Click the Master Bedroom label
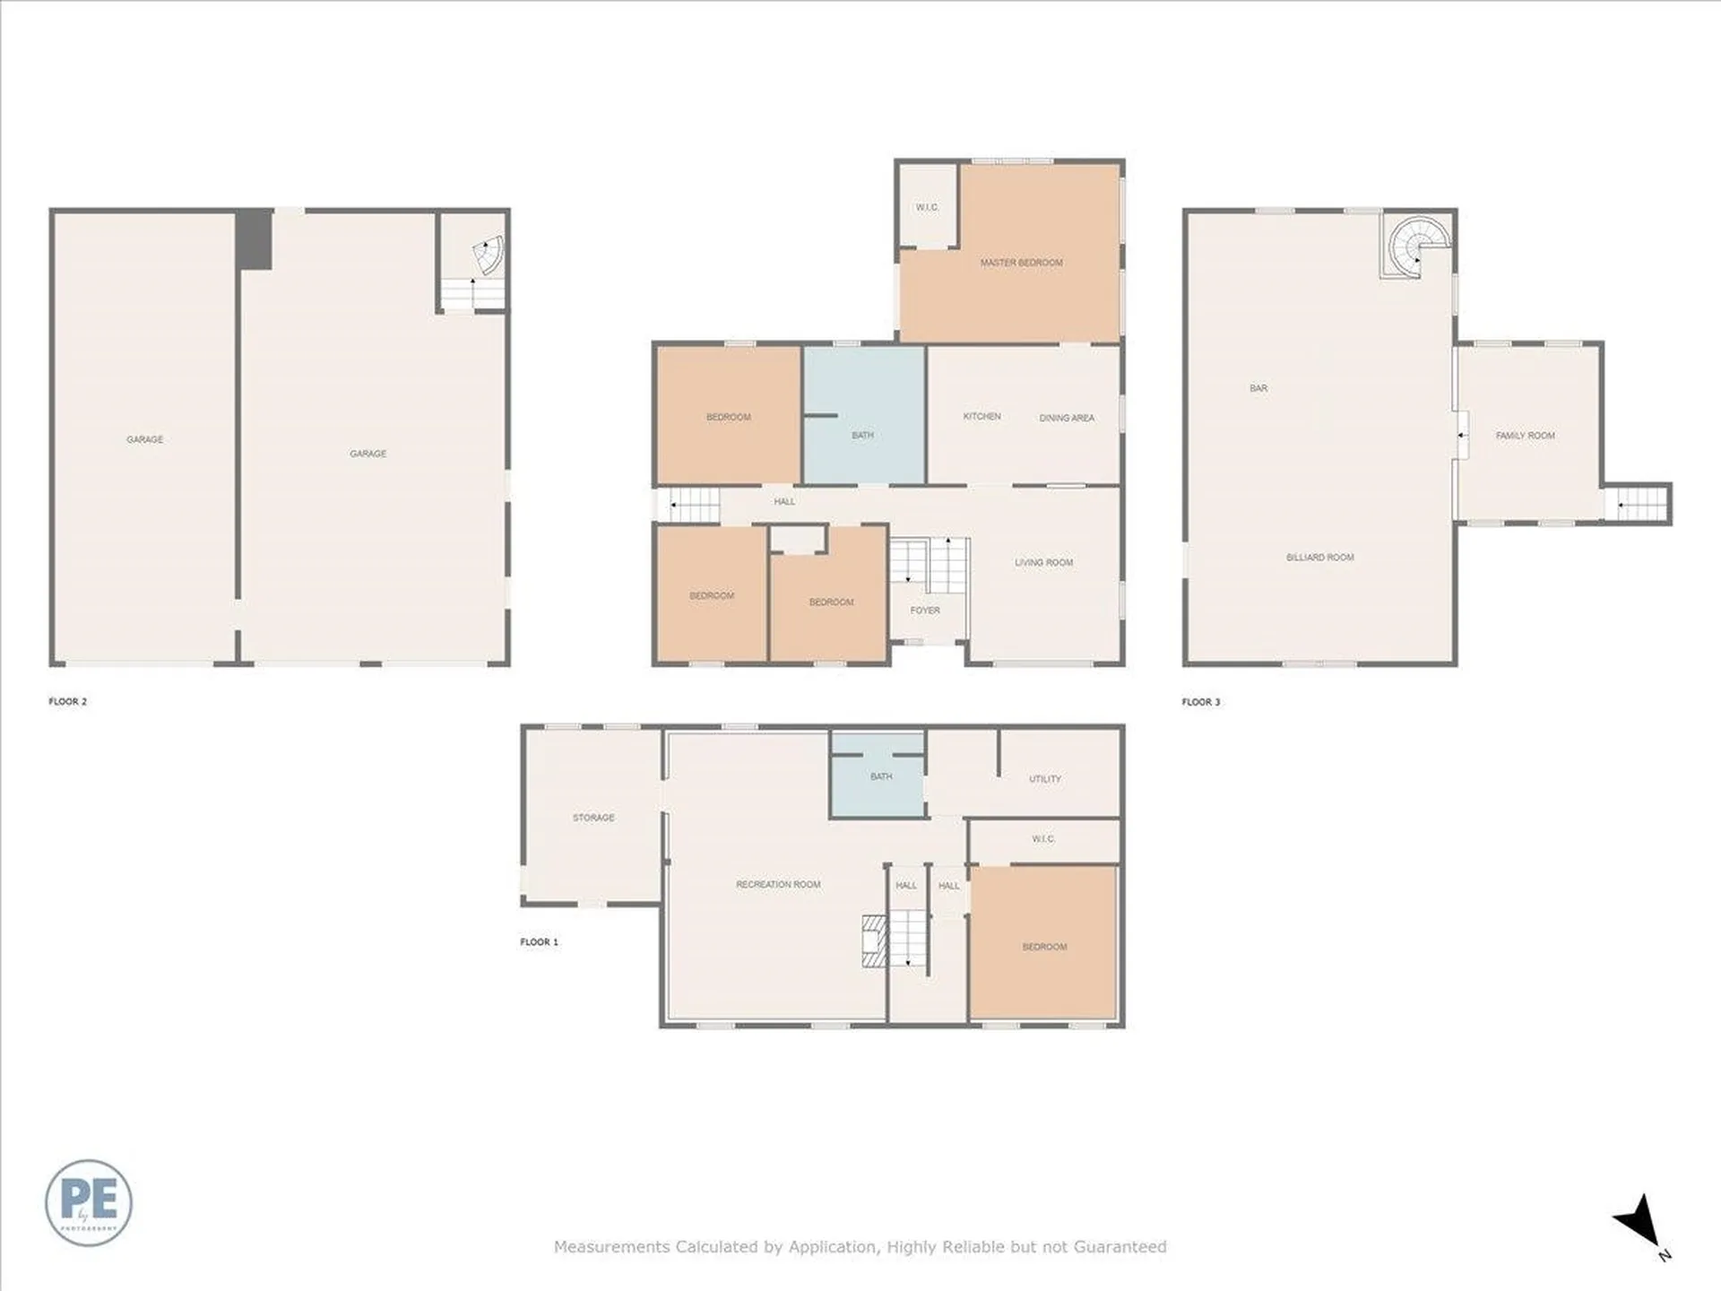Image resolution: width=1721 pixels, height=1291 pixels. click(1021, 263)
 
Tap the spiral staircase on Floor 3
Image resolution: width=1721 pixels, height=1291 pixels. click(1416, 245)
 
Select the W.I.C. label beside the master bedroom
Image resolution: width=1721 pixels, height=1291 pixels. click(927, 208)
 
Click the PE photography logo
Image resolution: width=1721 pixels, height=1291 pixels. click(89, 1202)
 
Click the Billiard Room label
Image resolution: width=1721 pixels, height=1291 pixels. click(1319, 558)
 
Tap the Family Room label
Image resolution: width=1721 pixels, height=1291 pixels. click(1525, 436)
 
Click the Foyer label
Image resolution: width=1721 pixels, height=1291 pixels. click(925, 611)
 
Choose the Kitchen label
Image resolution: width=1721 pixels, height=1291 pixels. click(982, 417)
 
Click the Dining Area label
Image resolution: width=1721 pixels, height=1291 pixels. click(1066, 418)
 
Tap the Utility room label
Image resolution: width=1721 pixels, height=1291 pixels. click(1044, 779)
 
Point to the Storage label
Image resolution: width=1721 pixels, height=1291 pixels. click(593, 818)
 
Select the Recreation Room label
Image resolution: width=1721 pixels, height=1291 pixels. click(778, 885)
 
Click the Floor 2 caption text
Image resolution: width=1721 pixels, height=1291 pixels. click(68, 702)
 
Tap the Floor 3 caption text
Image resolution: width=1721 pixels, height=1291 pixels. click(1200, 702)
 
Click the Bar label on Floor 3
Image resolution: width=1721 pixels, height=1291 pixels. click(1258, 388)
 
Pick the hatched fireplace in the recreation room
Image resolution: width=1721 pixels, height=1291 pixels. click(874, 940)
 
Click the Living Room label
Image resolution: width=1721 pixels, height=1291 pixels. click(1043, 563)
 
